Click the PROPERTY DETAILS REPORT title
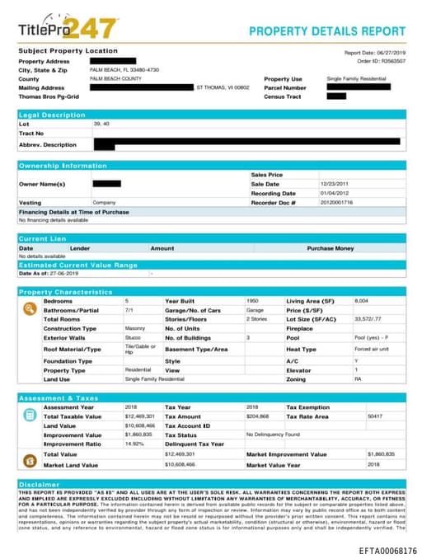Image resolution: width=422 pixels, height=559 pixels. [x=327, y=31]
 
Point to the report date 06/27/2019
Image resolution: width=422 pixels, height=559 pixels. [x=389, y=52]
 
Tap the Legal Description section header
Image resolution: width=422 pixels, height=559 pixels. [x=52, y=115]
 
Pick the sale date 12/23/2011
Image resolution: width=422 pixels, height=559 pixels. [x=335, y=184]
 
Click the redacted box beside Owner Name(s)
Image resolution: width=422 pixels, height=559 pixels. [x=106, y=183]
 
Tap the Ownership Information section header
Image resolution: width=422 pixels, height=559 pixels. [x=63, y=166]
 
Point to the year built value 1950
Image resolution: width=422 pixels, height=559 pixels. [x=252, y=301]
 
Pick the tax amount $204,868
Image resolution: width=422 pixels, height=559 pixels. [x=258, y=416]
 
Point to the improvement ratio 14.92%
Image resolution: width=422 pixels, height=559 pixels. [x=134, y=444]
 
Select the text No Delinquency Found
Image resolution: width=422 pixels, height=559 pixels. [x=274, y=434]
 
